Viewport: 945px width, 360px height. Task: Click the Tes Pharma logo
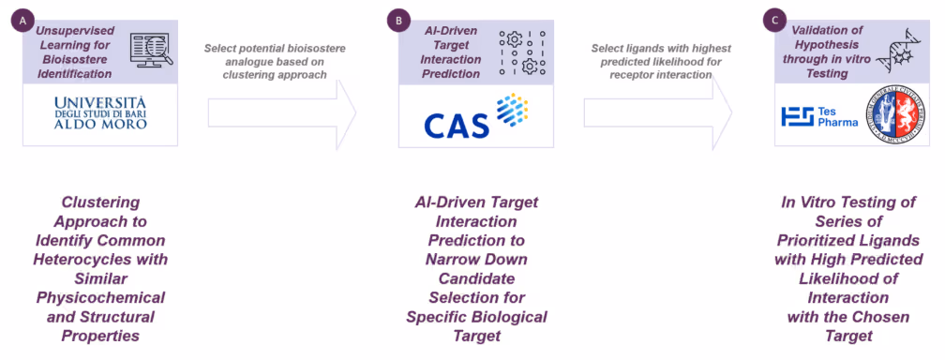818,116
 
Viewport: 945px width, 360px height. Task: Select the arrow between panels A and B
282,112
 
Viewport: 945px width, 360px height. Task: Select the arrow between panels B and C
657,112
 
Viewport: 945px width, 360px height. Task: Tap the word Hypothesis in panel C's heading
814,43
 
